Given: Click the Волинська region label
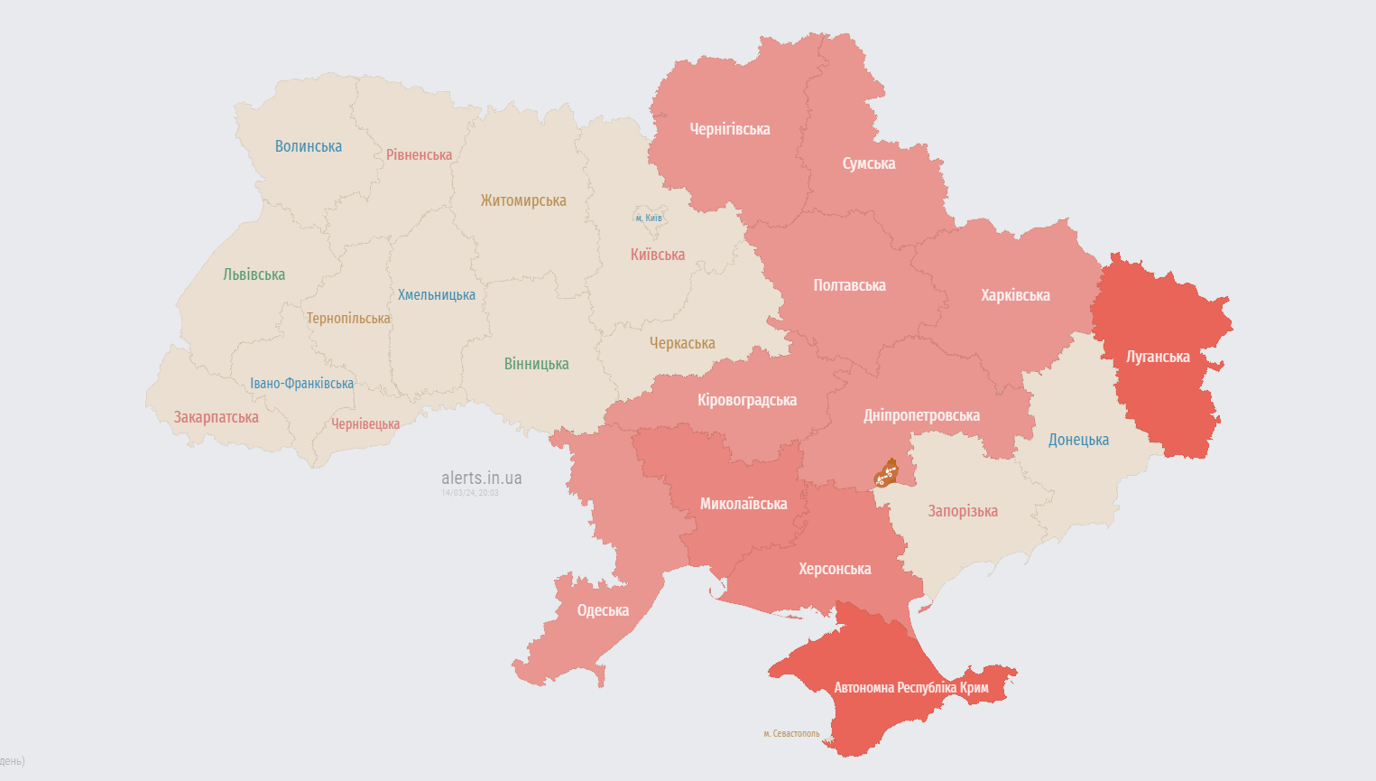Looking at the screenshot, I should (309, 146).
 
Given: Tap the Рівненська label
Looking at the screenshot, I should (419, 155).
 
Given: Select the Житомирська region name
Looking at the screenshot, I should (523, 200).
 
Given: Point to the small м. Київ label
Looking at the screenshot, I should (648, 218).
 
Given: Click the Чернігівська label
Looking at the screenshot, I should (729, 129).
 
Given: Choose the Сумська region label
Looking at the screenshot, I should (868, 163).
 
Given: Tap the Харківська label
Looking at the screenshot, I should (1015, 295).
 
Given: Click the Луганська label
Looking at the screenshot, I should (1158, 357).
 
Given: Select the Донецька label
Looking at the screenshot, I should (1078, 440).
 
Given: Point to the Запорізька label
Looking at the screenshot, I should (963, 511).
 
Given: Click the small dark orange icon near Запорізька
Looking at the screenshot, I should (886, 473).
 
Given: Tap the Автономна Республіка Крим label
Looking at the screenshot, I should (910, 688).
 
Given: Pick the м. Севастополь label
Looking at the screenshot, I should (791, 733).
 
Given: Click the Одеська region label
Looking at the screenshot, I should (603, 610).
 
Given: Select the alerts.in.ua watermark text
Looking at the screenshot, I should (481, 478).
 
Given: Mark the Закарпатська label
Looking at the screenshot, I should (216, 417).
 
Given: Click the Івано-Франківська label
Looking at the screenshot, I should (301, 384).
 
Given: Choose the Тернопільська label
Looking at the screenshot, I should (348, 318).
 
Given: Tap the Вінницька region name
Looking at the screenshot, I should (536, 364).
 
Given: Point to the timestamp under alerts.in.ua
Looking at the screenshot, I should (469, 493).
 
